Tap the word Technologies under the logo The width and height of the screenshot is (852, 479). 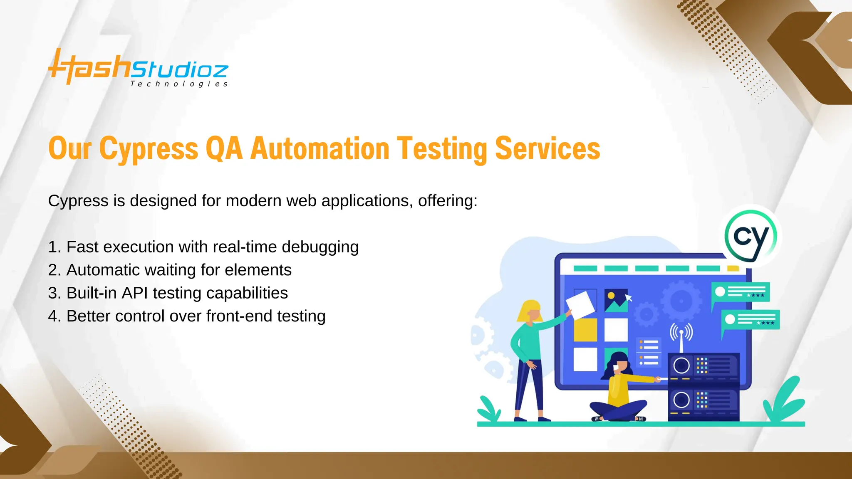179,84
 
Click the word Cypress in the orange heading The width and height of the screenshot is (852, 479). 149,149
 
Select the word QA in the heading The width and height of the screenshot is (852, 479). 224,149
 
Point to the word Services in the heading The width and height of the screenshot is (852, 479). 547,149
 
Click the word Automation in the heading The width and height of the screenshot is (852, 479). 319,149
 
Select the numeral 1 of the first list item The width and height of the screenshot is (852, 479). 52,247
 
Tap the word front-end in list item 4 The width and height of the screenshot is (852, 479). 239,316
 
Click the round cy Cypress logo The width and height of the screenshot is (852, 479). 750,237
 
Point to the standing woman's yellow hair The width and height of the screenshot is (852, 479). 528,310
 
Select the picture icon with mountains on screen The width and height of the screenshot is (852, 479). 616,300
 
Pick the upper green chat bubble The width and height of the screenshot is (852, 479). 741,292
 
